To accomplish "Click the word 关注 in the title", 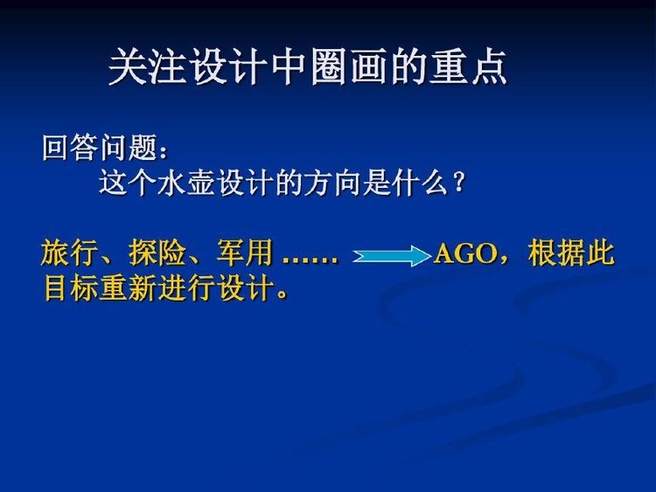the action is point(148,67).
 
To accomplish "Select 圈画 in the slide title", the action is point(351,67).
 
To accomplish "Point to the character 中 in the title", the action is point(290,67).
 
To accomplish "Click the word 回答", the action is point(70,148).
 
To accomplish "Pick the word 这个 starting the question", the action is point(127,183).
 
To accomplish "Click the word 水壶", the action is point(185,183).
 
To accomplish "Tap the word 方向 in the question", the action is point(331,183).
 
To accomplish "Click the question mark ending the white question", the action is point(458,183).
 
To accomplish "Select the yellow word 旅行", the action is point(69,253).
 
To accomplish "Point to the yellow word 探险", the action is point(157,253).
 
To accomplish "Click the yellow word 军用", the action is point(245,253).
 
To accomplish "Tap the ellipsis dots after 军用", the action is point(310,260).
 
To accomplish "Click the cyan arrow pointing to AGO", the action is point(392,256).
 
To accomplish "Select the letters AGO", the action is point(465,253).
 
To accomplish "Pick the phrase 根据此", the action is point(571,253).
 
